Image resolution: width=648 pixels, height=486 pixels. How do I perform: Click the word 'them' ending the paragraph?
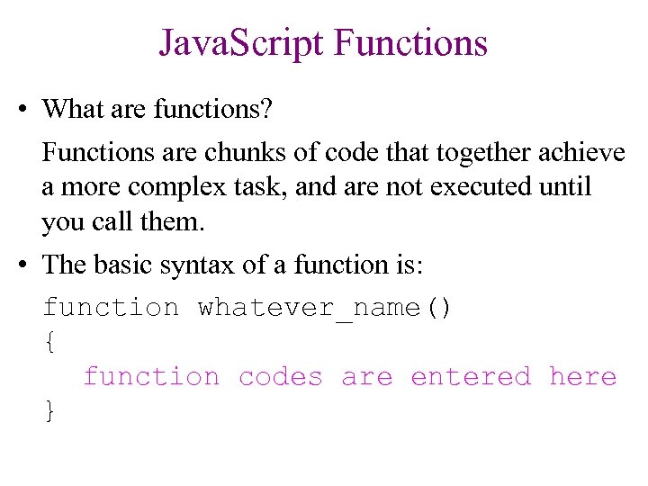click(x=174, y=221)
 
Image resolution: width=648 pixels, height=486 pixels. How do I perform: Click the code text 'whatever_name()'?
click(x=325, y=308)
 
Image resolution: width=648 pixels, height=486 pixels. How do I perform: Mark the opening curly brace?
click(x=49, y=342)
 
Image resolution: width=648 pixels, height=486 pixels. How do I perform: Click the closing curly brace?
click(x=49, y=410)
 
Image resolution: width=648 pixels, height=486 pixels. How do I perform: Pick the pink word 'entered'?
click(x=471, y=376)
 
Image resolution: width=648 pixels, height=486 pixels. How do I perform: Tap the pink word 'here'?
click(x=582, y=376)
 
